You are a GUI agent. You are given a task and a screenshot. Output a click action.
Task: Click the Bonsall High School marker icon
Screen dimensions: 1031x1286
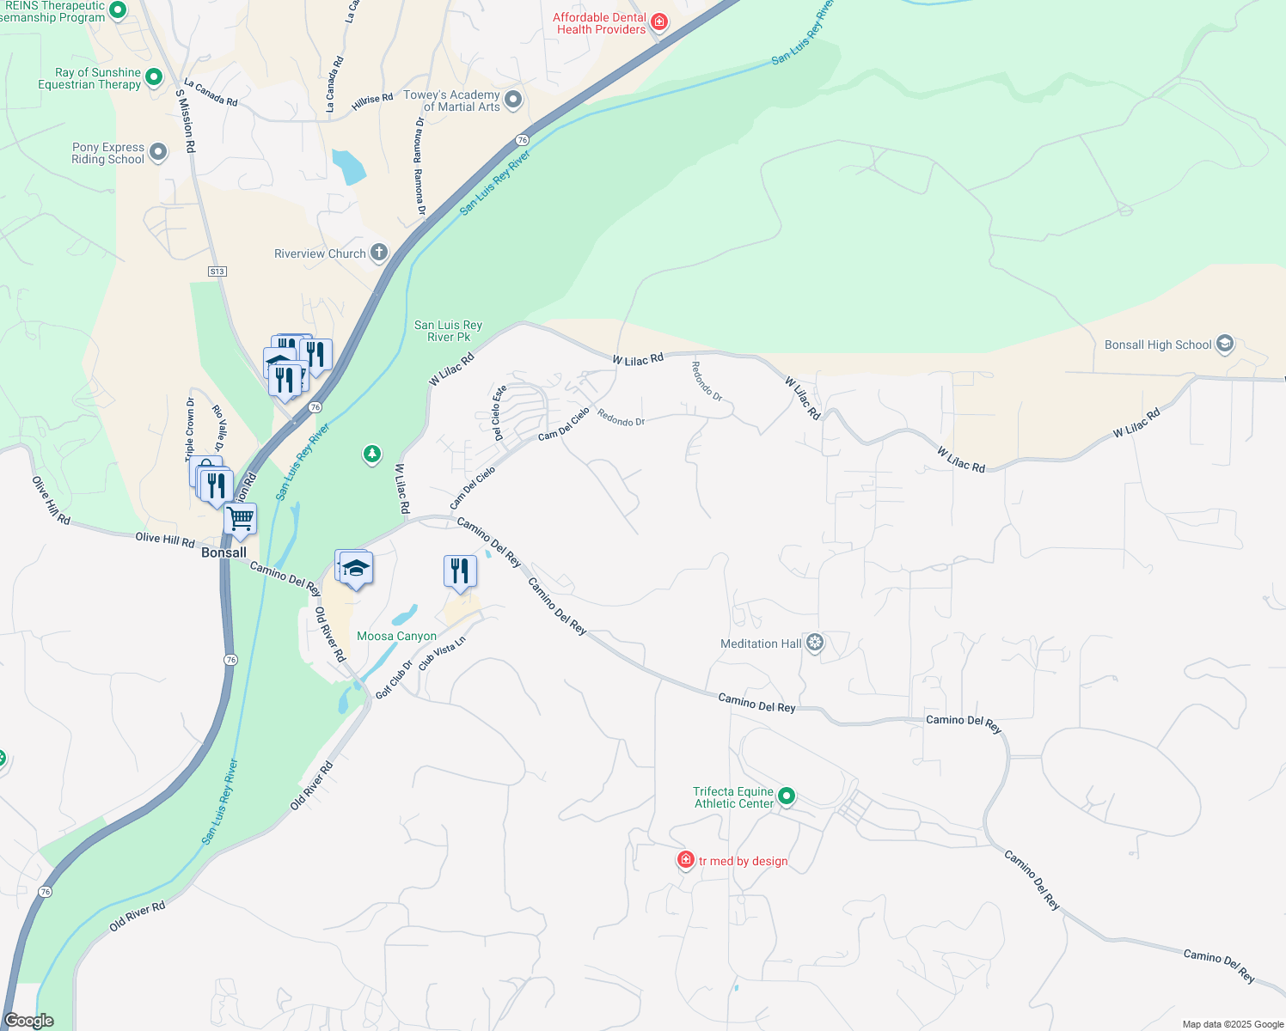(x=1225, y=345)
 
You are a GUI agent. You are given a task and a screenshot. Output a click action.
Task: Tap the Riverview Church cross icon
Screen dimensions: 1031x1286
(x=379, y=253)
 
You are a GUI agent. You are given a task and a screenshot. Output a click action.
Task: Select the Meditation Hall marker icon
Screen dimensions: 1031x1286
(x=815, y=643)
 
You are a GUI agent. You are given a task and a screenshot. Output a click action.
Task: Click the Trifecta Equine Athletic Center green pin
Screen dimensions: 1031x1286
(x=786, y=796)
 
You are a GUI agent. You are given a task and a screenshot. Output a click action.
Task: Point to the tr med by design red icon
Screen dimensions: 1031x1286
(x=686, y=860)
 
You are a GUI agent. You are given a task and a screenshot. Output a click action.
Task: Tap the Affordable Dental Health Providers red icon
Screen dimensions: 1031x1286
(x=659, y=21)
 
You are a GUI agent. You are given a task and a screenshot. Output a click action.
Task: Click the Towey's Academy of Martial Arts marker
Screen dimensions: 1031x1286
(x=513, y=100)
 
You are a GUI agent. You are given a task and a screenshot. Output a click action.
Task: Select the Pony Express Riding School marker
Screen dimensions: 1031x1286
(x=158, y=152)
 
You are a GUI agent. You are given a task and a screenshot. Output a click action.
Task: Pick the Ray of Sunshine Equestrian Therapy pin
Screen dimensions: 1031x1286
(x=154, y=77)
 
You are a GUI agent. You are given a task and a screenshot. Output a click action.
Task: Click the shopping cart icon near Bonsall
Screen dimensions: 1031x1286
(x=241, y=519)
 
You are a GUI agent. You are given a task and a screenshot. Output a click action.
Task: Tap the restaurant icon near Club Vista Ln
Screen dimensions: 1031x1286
(x=460, y=570)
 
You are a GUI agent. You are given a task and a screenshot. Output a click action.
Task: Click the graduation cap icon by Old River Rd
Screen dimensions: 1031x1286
(x=356, y=569)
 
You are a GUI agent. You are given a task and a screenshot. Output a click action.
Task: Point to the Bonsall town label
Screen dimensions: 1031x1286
(x=224, y=552)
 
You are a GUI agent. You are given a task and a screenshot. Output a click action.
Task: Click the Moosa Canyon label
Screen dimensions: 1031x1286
(x=396, y=636)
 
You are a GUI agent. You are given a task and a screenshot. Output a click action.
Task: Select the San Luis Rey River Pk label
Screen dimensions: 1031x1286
(x=448, y=331)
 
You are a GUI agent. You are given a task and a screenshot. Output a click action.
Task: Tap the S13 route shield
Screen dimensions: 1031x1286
(x=217, y=271)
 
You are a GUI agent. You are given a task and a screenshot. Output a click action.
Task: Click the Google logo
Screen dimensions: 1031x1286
(x=29, y=1021)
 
